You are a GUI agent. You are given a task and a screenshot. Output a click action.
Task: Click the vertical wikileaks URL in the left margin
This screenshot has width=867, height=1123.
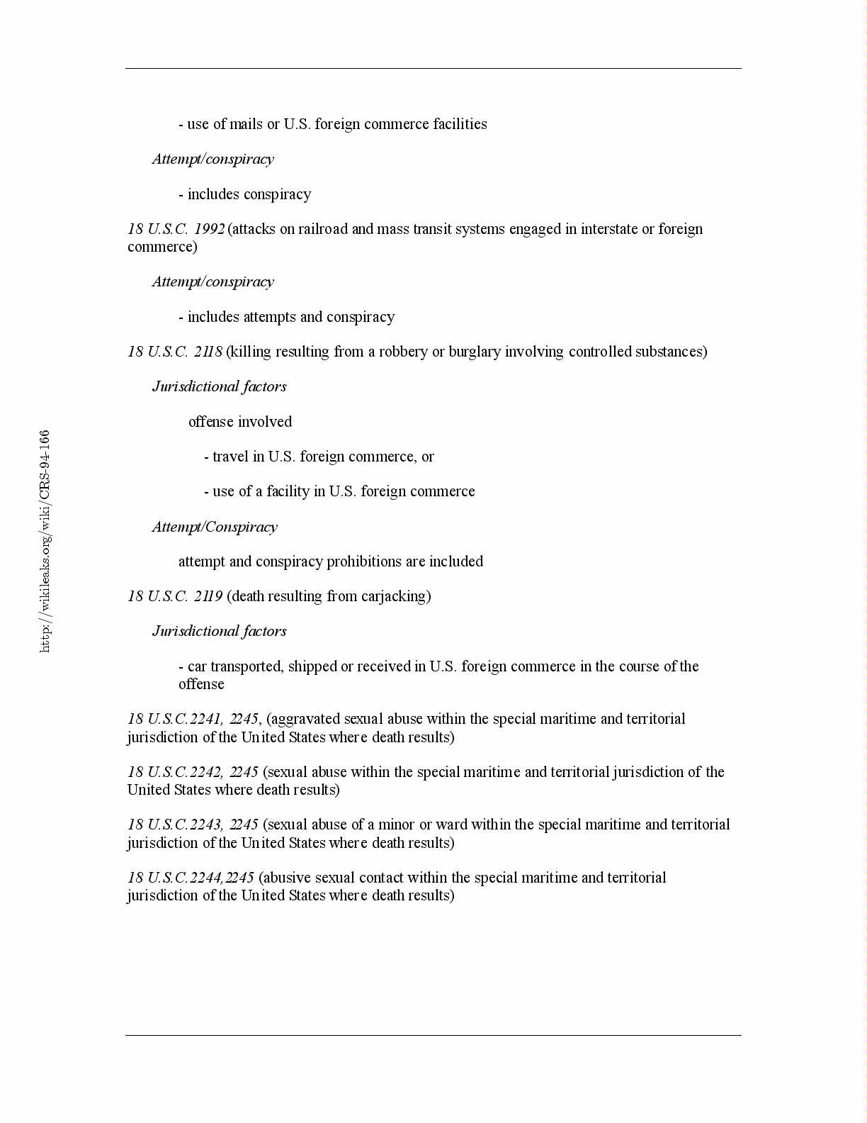(45, 540)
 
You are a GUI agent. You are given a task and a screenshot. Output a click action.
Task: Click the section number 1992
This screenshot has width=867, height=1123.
(209, 229)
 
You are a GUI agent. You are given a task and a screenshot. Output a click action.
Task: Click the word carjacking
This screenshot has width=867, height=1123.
(393, 596)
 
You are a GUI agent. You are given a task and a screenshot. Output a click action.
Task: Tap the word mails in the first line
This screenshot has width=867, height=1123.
(246, 124)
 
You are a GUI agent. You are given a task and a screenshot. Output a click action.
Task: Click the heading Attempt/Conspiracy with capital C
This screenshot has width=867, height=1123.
(215, 527)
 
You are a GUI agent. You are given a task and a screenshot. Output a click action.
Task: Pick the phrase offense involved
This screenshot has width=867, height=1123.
(240, 422)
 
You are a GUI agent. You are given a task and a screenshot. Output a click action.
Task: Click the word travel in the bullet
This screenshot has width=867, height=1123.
(231, 457)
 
